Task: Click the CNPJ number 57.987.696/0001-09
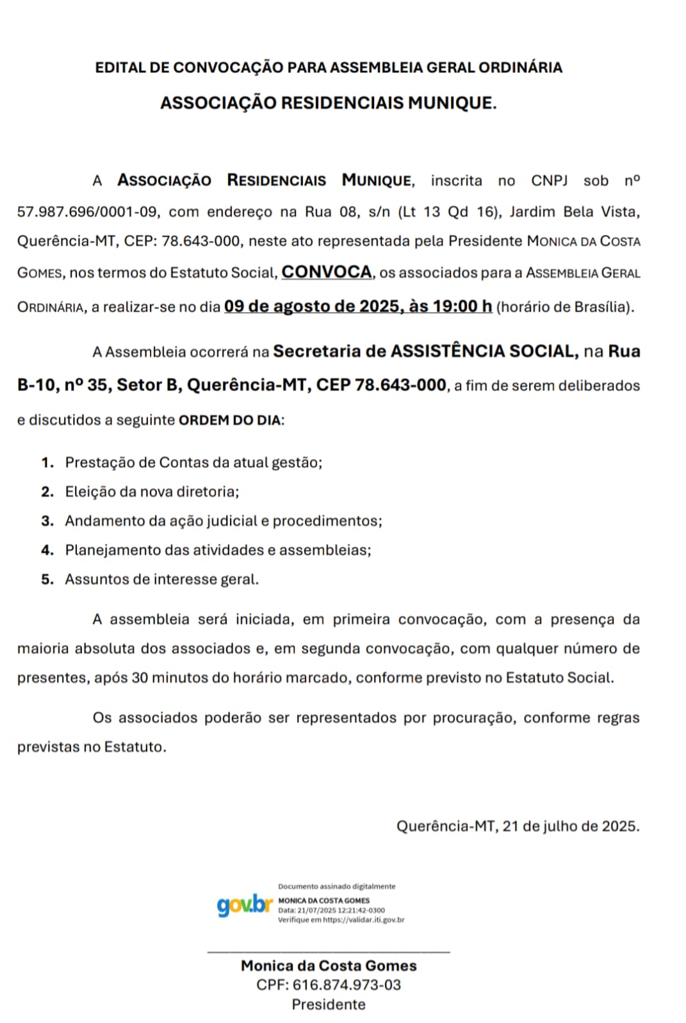point(88,212)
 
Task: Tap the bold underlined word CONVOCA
point(327,272)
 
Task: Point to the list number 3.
point(47,521)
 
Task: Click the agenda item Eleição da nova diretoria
point(152,491)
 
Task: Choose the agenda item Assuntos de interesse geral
point(161,579)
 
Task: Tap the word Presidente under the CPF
point(329,1004)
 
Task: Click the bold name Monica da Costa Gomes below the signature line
point(329,965)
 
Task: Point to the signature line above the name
point(329,952)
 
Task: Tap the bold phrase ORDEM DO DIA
point(230,420)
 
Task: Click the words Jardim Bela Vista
point(574,212)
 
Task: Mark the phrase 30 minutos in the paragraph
point(170,678)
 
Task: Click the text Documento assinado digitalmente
point(336,886)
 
